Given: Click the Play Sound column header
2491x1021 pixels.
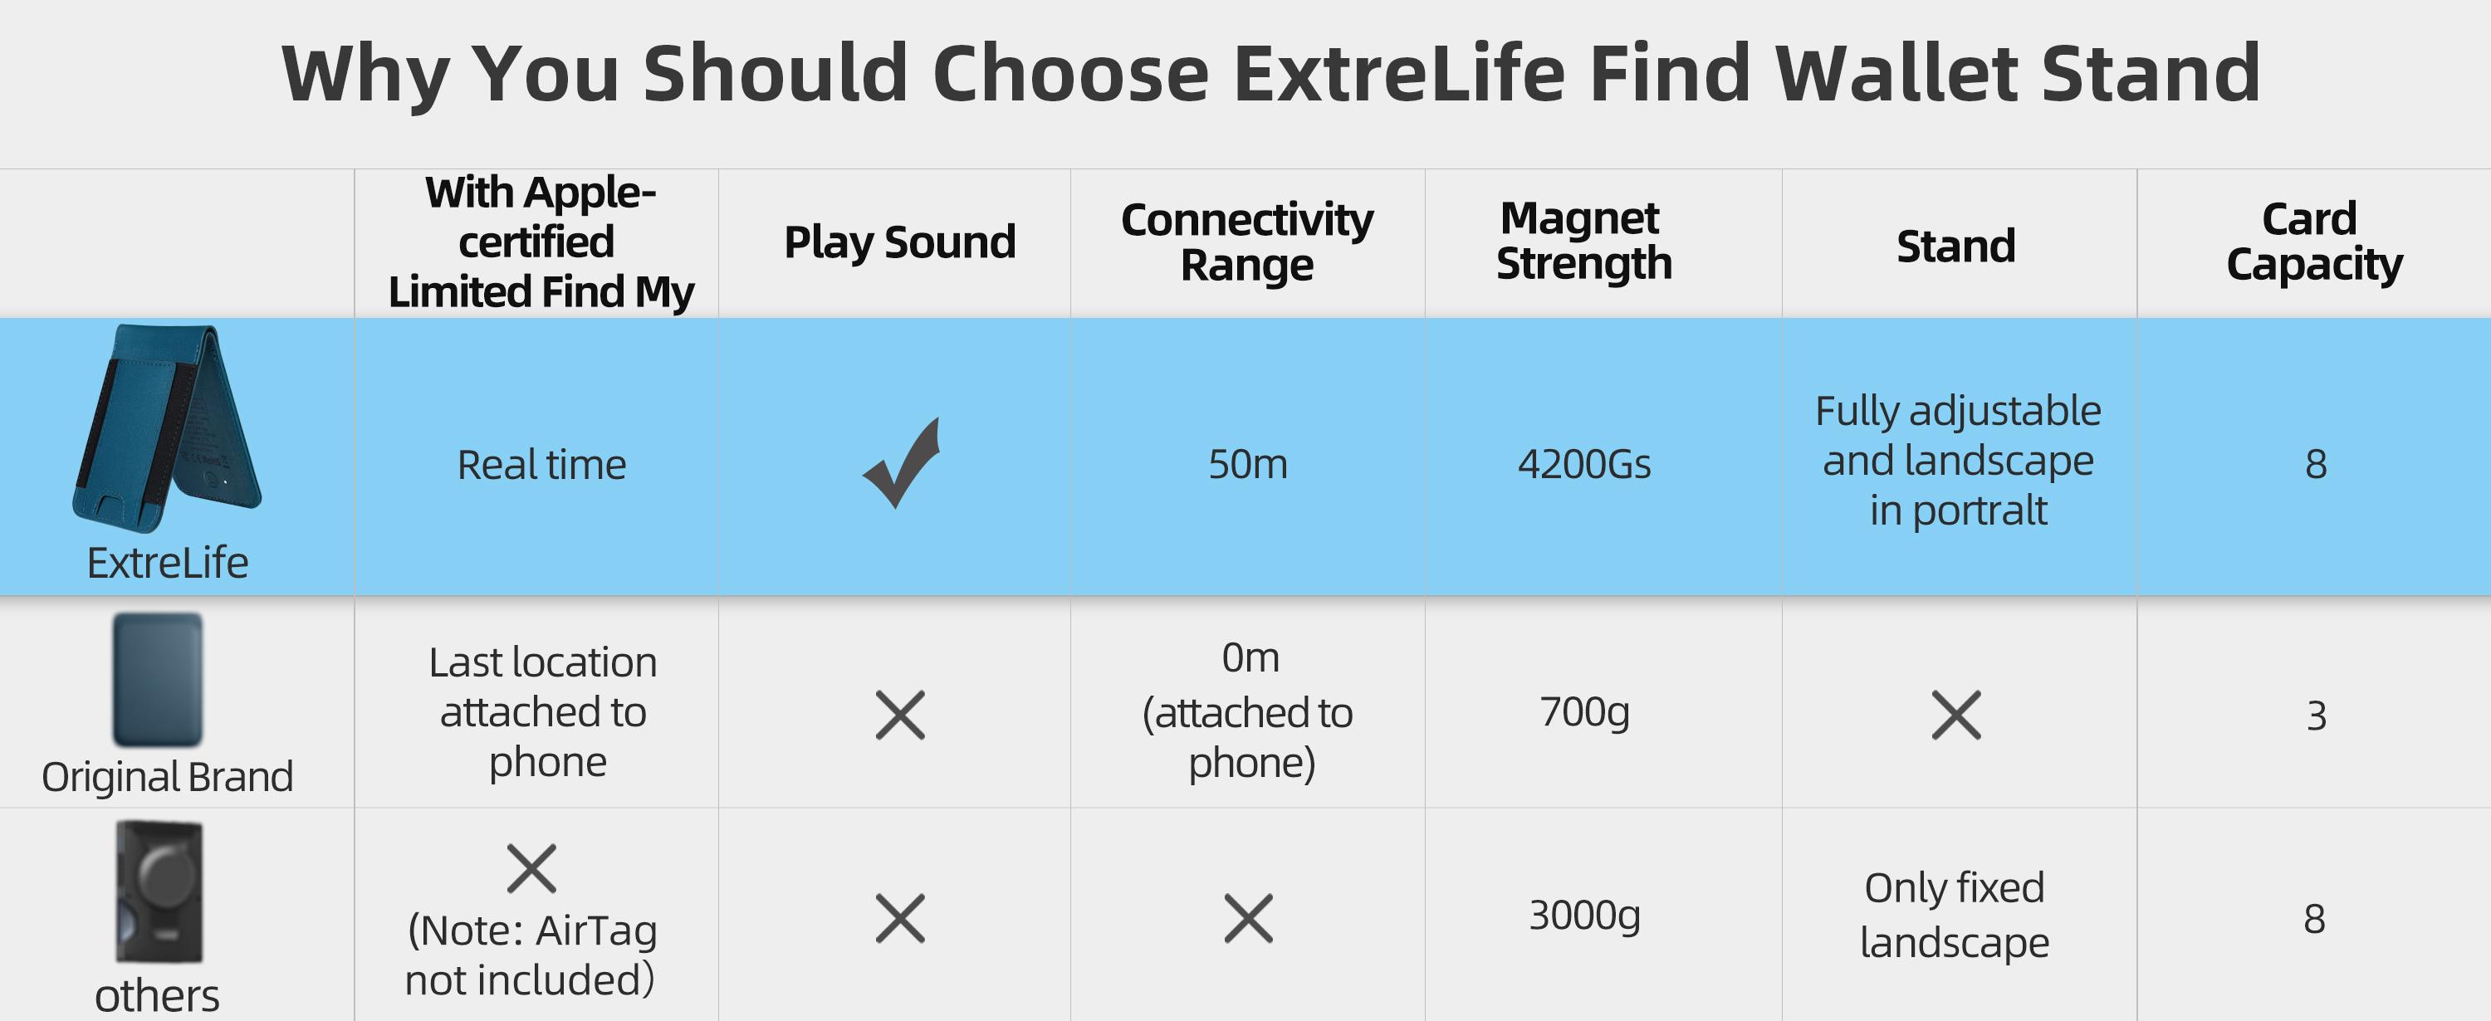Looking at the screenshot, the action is coord(899,242).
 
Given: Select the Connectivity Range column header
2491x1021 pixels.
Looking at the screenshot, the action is coord(1247,242).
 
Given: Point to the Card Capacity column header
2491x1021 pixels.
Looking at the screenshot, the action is coord(2314,242).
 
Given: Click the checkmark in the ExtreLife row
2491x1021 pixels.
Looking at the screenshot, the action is coord(901,463).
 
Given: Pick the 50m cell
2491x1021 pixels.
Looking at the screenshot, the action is coord(1247,464).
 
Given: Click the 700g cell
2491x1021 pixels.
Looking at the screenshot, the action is coord(1584,711).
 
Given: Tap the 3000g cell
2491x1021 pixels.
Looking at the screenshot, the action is coord(1584,915).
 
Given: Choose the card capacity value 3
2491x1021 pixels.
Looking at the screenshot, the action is coord(2316,716).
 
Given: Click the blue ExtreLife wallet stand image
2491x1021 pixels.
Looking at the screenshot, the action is coord(167,428).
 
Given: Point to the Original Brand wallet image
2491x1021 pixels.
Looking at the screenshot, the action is coord(158,680).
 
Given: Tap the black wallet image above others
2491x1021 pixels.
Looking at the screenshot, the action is coord(159,892).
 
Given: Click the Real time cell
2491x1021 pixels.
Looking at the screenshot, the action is coord(541,465).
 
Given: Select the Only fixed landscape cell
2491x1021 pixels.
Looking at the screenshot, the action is coord(1955,915).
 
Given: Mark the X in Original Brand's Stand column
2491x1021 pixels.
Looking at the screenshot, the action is coord(1956,716).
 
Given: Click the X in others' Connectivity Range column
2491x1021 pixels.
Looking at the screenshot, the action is coord(1248,917).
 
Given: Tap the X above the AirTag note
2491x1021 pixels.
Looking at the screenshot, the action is coord(532,867).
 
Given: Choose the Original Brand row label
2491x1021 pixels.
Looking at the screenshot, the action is coord(167,776).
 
